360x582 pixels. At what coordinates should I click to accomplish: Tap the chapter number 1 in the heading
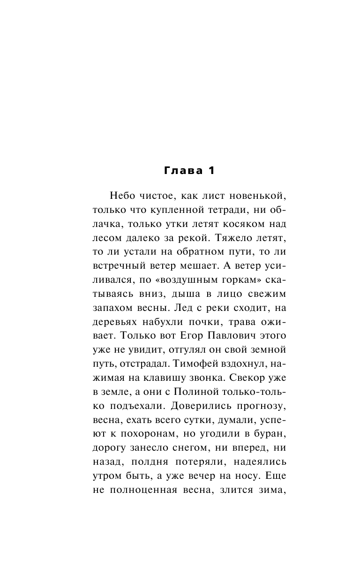click(211, 171)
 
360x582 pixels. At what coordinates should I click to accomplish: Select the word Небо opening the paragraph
click(123, 195)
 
